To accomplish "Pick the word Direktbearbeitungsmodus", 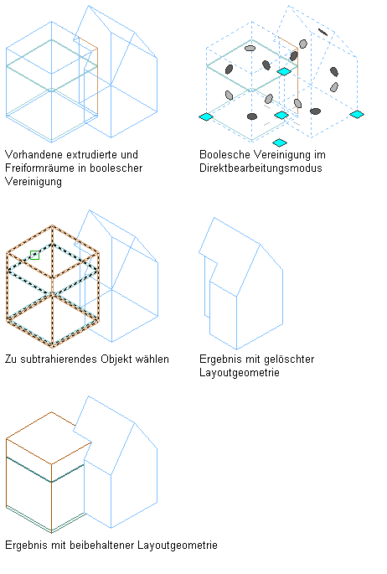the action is click(x=261, y=168).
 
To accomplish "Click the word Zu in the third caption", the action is click(x=11, y=359).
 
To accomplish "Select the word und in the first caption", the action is click(x=129, y=154).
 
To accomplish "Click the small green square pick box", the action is click(x=34, y=255).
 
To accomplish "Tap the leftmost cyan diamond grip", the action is click(x=206, y=116).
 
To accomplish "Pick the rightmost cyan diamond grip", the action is click(x=357, y=115).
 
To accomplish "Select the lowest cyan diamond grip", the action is click(x=280, y=142).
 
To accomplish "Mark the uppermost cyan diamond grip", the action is click(x=284, y=71).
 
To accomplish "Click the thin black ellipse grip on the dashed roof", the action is click(x=322, y=32).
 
